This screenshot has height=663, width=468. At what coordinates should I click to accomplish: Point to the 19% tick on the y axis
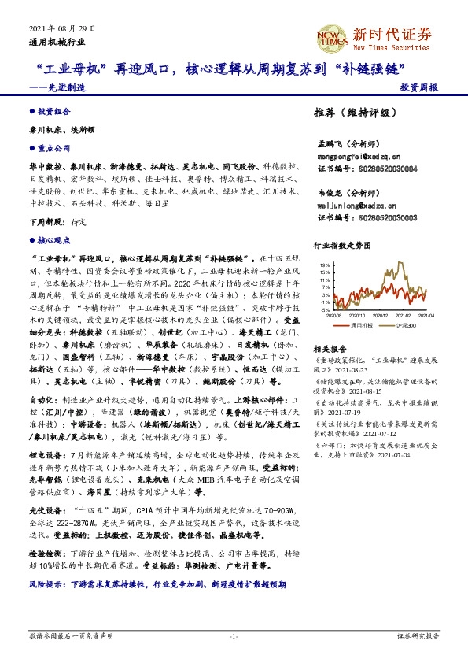click(325, 265)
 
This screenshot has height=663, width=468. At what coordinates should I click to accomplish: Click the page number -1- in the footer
click(233, 635)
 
